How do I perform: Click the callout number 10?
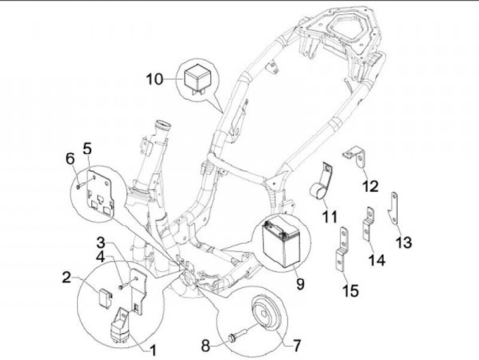point(154,80)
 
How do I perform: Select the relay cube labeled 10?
point(198,79)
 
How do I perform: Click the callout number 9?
point(300,284)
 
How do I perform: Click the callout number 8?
point(206,346)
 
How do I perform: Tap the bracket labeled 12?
point(357,156)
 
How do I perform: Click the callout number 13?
point(404,244)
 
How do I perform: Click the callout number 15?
point(351,290)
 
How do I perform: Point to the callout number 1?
point(152,349)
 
